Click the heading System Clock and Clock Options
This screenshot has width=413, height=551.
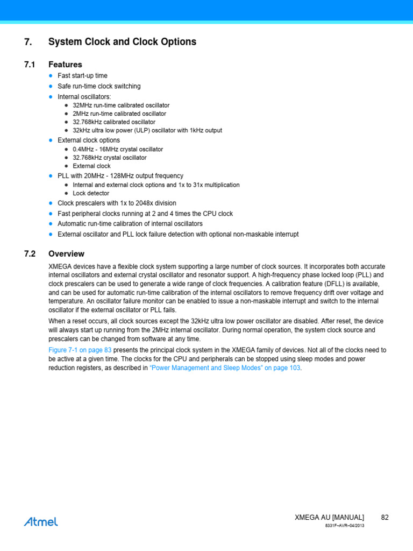122,42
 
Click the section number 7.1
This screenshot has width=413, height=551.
29,65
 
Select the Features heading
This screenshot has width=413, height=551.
65,65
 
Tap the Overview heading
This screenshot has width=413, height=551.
66,254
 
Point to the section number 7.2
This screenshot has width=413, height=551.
29,254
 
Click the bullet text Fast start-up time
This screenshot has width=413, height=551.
82,76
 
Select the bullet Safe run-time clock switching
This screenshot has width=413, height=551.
99,86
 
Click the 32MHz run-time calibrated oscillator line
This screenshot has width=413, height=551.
121,105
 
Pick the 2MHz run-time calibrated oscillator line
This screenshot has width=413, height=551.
119,114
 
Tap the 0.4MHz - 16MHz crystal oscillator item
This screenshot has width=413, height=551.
118,149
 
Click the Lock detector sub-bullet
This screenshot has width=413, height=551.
91,193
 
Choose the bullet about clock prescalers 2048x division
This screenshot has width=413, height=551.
117,203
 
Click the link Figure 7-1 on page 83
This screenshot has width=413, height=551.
80,350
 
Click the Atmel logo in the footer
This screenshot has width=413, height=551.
41,521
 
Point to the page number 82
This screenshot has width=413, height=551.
384,517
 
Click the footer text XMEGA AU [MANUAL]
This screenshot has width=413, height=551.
329,517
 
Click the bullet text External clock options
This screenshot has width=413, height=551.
89,140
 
